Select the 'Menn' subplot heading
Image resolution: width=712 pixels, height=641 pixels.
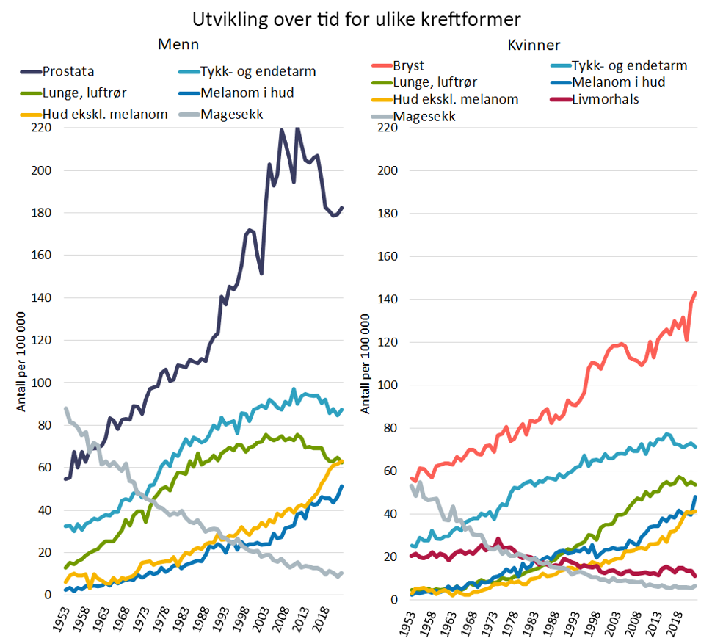coord(178,44)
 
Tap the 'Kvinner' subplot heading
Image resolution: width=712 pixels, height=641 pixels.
coord(534,44)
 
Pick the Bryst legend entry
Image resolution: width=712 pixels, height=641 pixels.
coord(409,65)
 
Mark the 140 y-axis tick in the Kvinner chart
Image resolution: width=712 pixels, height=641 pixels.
coord(391,300)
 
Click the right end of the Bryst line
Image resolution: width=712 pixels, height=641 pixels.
coord(695,293)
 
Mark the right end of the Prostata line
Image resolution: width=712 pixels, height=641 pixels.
coord(342,208)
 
